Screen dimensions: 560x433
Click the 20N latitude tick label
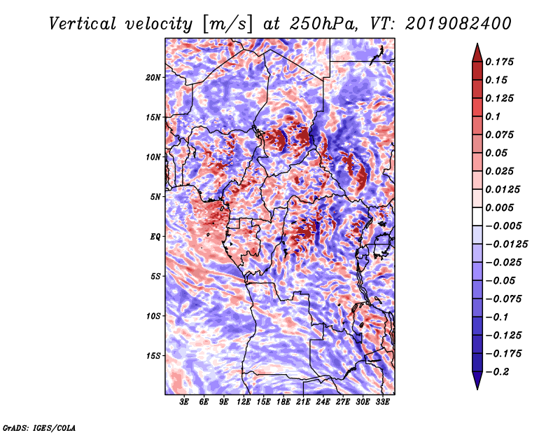pos(153,78)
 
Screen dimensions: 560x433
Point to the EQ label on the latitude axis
pos(155,237)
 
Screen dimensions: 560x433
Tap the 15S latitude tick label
pos(153,356)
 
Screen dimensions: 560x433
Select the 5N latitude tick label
pos(155,197)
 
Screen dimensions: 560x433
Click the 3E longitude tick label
pos(184,402)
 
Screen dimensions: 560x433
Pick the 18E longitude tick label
pos(283,402)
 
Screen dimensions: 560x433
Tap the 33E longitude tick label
pos(382,402)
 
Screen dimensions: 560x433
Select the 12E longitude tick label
pos(244,402)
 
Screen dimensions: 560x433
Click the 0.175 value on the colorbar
pos(499,62)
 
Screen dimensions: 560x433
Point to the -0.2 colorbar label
pos(496,372)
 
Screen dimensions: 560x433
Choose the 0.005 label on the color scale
pos(499,207)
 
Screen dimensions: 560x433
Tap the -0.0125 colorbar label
pos(506,245)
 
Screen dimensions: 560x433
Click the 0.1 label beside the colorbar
pos(493,116)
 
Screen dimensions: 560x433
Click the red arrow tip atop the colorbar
pos(477,43)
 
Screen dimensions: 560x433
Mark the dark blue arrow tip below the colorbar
pos(477,389)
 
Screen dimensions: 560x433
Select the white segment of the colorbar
pos(477,216)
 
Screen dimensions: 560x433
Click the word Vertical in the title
pos(82,24)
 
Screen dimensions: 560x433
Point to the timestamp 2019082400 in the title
pos(458,24)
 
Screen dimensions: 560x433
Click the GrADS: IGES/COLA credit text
pos(39,427)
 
